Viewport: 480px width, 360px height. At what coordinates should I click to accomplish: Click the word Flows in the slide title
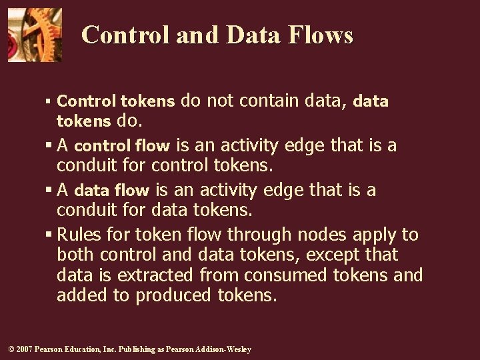point(321,35)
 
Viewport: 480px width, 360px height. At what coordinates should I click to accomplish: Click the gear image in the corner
point(35,35)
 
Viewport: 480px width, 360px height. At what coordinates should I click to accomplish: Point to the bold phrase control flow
point(122,145)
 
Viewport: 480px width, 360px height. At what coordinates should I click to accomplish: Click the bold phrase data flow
point(112,191)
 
